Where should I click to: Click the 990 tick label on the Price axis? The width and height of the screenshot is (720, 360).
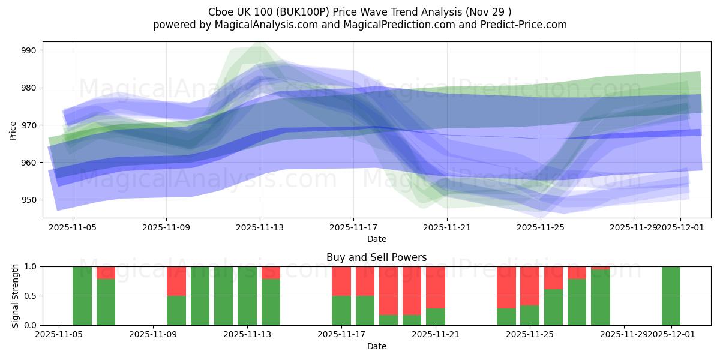pyautogui.click(x=29, y=50)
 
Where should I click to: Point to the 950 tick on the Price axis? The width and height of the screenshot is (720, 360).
pyautogui.click(x=29, y=200)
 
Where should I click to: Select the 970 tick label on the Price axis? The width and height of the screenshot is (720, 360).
pyautogui.click(x=29, y=125)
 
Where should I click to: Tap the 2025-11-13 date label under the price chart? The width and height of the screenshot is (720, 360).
pyautogui.click(x=260, y=228)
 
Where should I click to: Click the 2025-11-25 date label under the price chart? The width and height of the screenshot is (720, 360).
pyautogui.click(x=541, y=228)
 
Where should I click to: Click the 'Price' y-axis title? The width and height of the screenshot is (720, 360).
pyautogui.click(x=13, y=130)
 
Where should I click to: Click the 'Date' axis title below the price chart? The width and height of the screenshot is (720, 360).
pyautogui.click(x=377, y=239)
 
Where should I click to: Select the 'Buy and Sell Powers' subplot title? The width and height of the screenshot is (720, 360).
pyautogui.click(x=377, y=257)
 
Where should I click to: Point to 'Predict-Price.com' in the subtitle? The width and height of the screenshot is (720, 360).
pyautogui.click(x=520, y=25)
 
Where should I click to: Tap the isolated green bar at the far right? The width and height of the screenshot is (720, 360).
pyautogui.click(x=671, y=296)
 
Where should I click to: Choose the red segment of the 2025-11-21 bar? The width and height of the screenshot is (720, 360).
pyautogui.click(x=436, y=287)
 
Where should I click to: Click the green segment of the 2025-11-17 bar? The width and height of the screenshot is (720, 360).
pyautogui.click(x=341, y=310)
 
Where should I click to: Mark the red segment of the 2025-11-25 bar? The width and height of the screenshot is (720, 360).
pyautogui.click(x=530, y=286)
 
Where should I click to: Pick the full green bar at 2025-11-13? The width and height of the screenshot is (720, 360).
pyautogui.click(x=247, y=296)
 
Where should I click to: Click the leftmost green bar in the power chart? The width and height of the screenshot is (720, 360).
pyautogui.click(x=82, y=296)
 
